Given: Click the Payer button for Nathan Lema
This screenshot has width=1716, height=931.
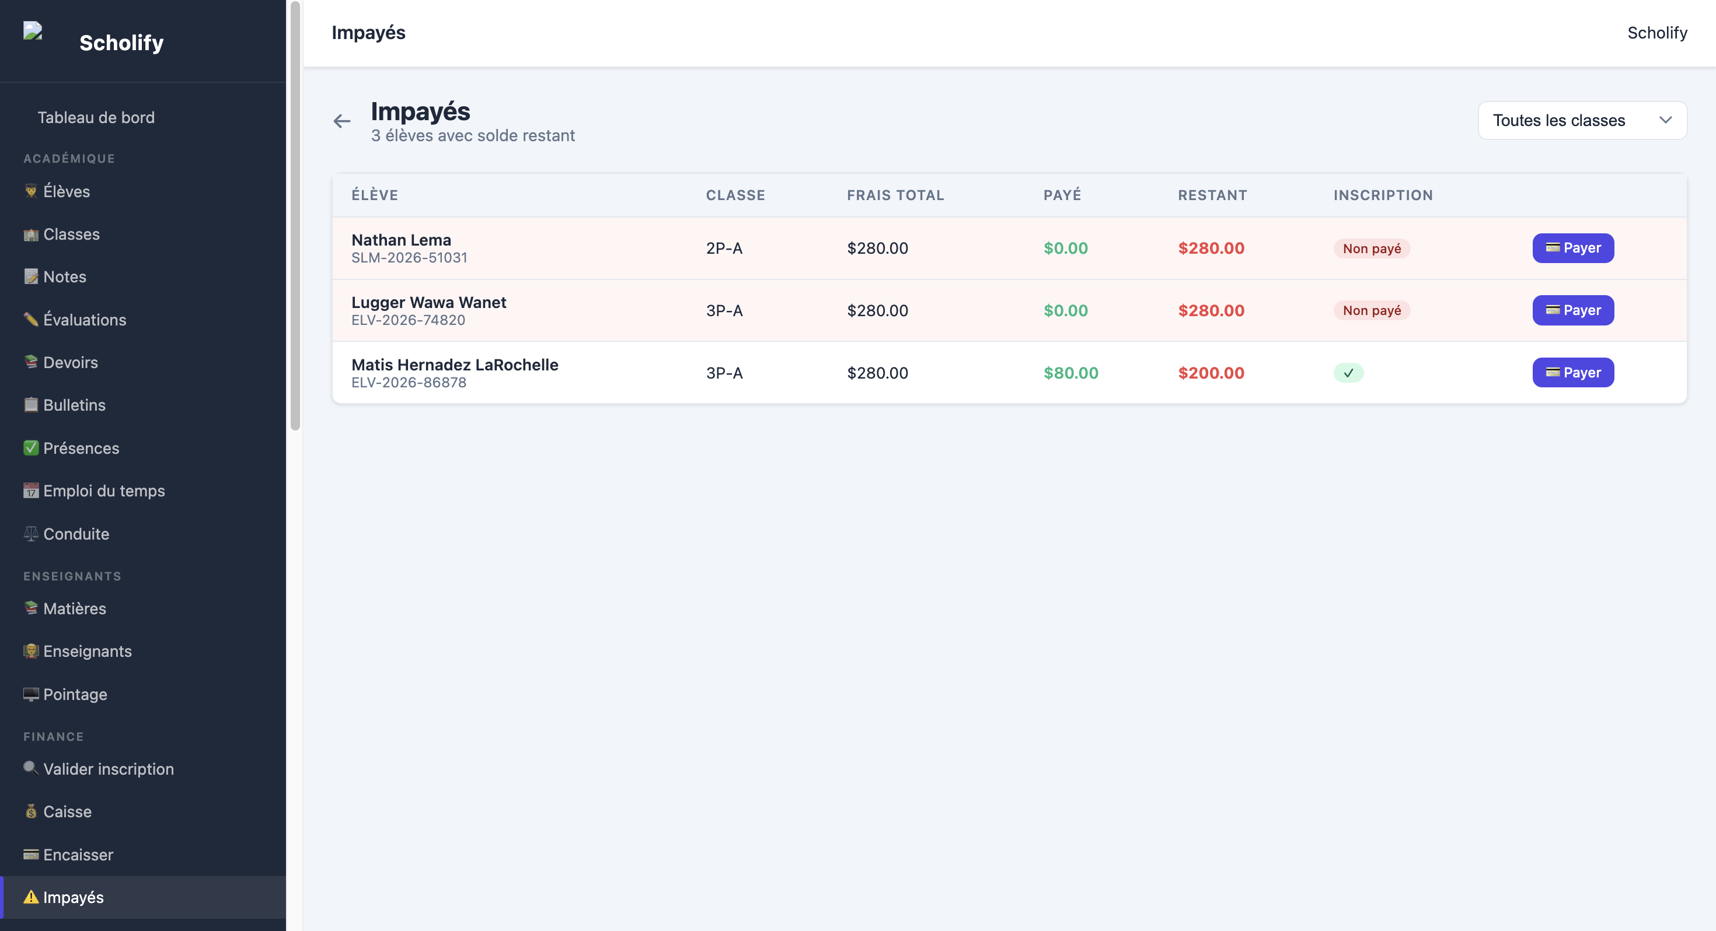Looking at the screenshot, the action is pyautogui.click(x=1573, y=248).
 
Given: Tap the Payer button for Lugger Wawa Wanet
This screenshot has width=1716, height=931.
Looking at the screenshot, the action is pyautogui.click(x=1573, y=310).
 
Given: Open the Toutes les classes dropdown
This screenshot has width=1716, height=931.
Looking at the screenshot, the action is pyautogui.click(x=1582, y=121).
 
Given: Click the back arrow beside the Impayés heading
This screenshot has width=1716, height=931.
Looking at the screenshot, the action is pyautogui.click(x=341, y=121).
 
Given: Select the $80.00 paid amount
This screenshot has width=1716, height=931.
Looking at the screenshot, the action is pyautogui.click(x=1070, y=373).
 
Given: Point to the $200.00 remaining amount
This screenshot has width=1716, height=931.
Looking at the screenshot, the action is pyautogui.click(x=1211, y=373).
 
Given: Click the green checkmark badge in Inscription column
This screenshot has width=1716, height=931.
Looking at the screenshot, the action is pyautogui.click(x=1348, y=373).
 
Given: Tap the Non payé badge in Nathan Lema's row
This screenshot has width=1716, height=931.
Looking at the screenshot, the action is pyautogui.click(x=1372, y=249).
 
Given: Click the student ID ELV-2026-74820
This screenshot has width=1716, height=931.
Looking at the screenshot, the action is pyautogui.click(x=409, y=320).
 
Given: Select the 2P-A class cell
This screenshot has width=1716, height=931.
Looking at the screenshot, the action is pyautogui.click(x=724, y=249).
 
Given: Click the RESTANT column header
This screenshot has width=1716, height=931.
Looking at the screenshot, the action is pyautogui.click(x=1212, y=195).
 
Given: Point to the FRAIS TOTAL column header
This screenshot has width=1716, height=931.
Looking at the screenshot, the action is pyautogui.click(x=895, y=195).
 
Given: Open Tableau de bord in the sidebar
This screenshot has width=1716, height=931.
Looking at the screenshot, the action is pyautogui.click(x=96, y=118).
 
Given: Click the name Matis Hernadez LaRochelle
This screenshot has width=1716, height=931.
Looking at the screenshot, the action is pyautogui.click(x=455, y=365).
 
